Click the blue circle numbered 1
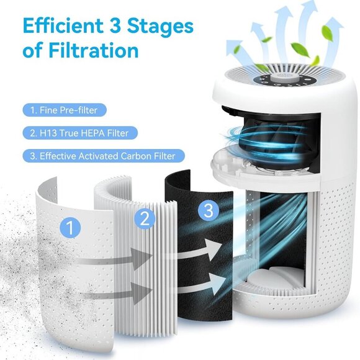coord(71,228)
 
